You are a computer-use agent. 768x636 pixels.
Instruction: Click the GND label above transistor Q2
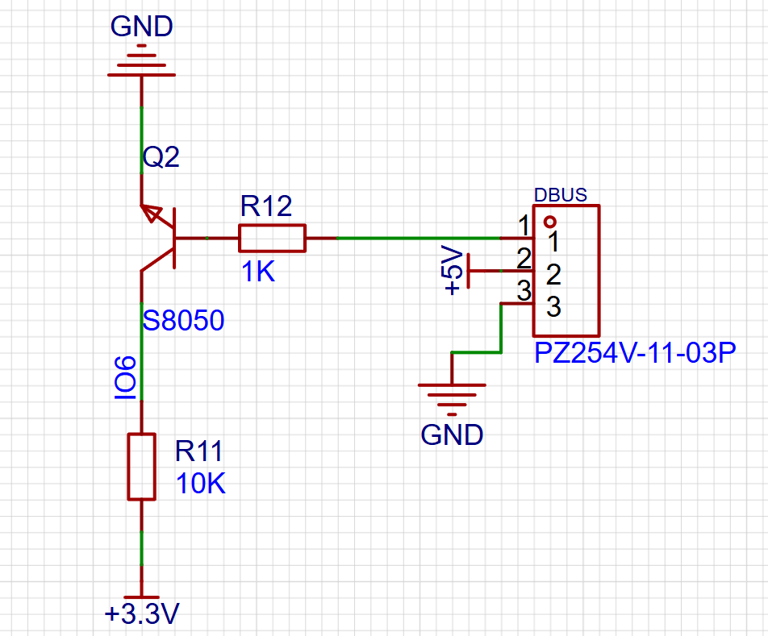pyautogui.click(x=141, y=27)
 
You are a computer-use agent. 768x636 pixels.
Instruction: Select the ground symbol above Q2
pyautogui.click(x=141, y=60)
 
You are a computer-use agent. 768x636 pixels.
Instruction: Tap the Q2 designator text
pyautogui.click(x=161, y=157)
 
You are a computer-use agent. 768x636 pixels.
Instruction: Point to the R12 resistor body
pyautogui.click(x=273, y=239)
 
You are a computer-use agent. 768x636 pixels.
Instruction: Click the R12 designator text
pyautogui.click(x=266, y=206)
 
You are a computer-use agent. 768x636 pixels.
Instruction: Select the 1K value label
pyautogui.click(x=258, y=272)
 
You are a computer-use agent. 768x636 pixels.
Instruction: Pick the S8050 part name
pyautogui.click(x=183, y=321)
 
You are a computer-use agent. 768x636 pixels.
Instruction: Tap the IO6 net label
pyautogui.click(x=125, y=378)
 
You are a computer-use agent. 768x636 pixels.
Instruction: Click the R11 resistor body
pyautogui.click(x=141, y=467)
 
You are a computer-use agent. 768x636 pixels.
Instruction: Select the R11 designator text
pyautogui.click(x=198, y=451)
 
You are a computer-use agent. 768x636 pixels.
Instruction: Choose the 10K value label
pyautogui.click(x=201, y=484)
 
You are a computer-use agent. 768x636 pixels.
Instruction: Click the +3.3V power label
pyautogui.click(x=142, y=614)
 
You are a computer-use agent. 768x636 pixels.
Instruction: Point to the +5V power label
pyautogui.click(x=453, y=271)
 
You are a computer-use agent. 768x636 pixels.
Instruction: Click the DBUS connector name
pyautogui.click(x=561, y=195)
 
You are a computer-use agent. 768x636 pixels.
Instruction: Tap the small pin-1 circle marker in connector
pyautogui.click(x=550, y=222)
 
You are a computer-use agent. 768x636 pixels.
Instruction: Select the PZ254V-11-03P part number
pyautogui.click(x=635, y=353)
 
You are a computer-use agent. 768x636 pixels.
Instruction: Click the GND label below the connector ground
pyautogui.click(x=452, y=435)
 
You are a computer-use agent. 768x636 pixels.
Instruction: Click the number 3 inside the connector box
pyautogui.click(x=553, y=307)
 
